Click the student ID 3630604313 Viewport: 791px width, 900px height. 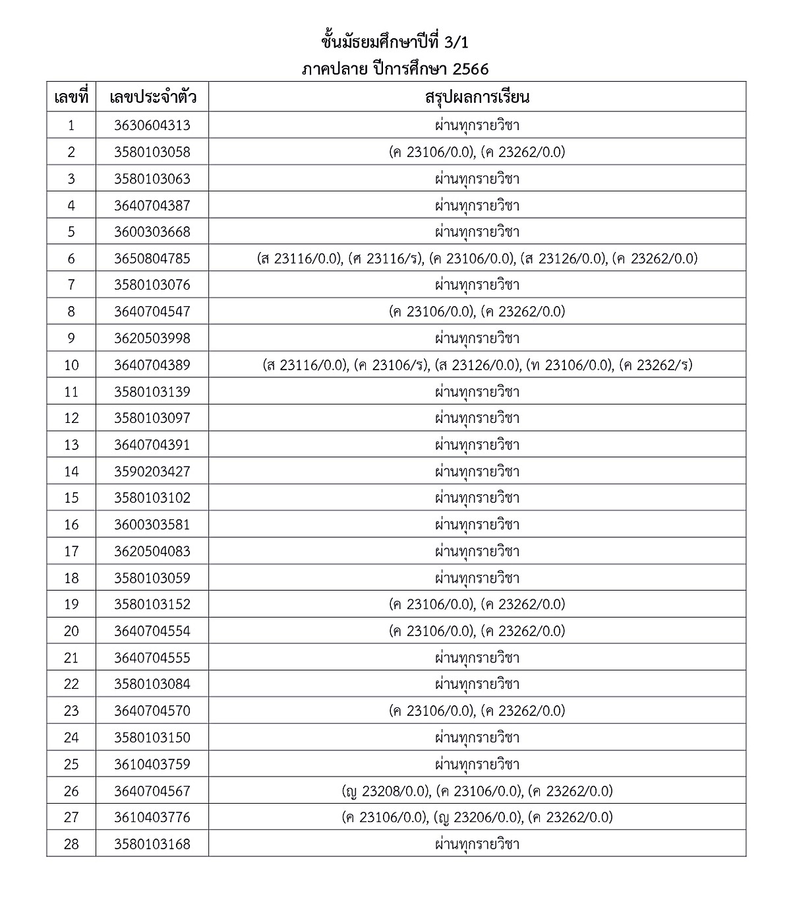pyautogui.click(x=152, y=125)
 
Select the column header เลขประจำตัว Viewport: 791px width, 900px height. pyautogui.click(x=152, y=98)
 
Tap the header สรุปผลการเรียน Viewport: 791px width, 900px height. pyautogui.click(x=477, y=98)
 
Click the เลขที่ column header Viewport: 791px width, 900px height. pyautogui.click(x=71, y=98)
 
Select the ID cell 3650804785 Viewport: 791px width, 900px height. pyautogui.click(x=152, y=259)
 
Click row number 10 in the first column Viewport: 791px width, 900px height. pyautogui.click(x=71, y=365)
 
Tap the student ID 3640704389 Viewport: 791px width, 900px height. pyautogui.click(x=152, y=365)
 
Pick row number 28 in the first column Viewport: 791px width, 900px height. pyautogui.click(x=71, y=844)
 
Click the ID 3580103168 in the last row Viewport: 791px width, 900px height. pyautogui.click(x=152, y=844)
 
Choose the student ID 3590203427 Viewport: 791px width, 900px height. pyautogui.click(x=152, y=472)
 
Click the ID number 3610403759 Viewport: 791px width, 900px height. pyautogui.click(x=152, y=764)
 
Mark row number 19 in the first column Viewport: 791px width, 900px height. pyautogui.click(x=71, y=604)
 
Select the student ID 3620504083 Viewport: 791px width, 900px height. pyautogui.click(x=152, y=551)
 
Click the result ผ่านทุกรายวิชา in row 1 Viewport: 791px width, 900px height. pyautogui.click(x=477, y=125)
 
